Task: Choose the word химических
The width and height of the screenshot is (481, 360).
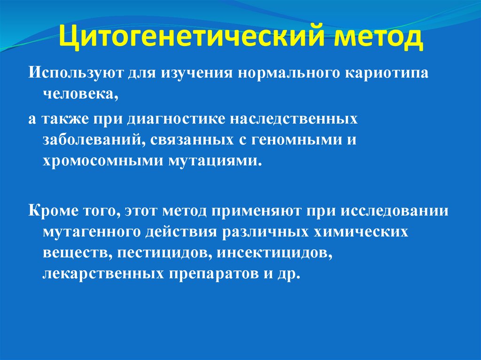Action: click(x=365, y=231)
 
